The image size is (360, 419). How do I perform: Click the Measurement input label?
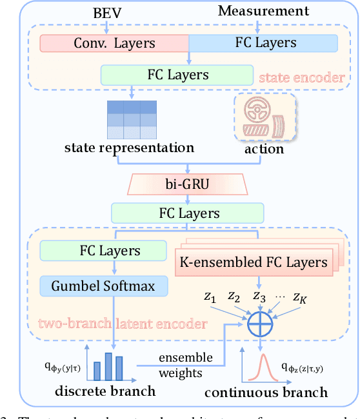click(x=263, y=11)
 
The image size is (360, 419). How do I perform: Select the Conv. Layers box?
click(x=114, y=43)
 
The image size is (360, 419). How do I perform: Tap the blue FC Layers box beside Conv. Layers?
click(x=263, y=43)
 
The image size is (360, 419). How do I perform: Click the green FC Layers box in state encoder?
click(x=173, y=74)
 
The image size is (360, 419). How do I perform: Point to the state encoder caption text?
click(x=301, y=78)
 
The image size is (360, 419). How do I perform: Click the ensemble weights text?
click(x=184, y=365)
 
